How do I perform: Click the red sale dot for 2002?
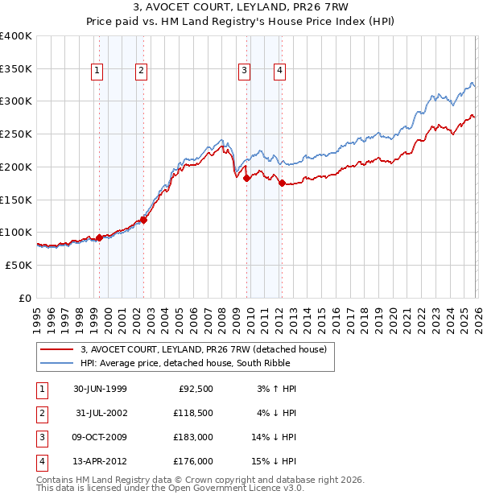click(143, 220)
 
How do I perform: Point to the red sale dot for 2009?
click(246, 178)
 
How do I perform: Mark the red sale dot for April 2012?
click(282, 183)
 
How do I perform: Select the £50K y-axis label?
click(19, 265)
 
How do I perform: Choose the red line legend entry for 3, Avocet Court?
click(203, 349)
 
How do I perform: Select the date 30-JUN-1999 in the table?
click(100, 389)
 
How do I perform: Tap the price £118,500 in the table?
click(194, 413)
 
